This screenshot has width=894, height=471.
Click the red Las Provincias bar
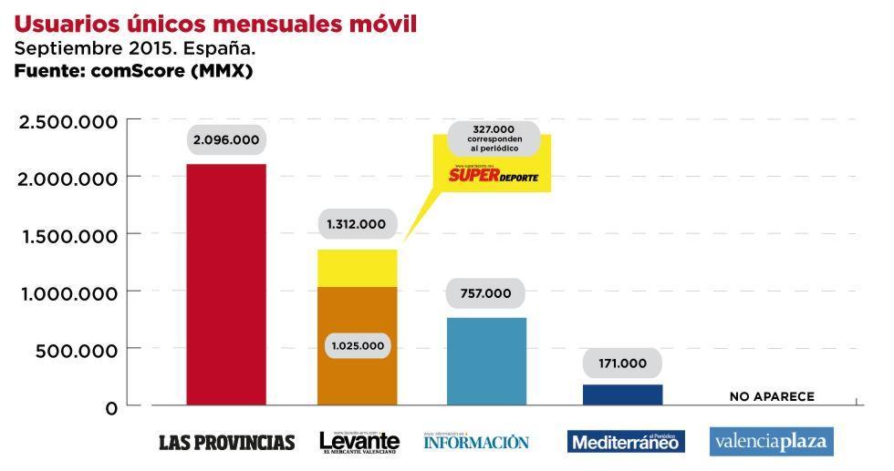pos(226,284)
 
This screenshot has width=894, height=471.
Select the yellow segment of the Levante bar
pos(357,268)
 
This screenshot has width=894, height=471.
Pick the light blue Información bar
pos(487,361)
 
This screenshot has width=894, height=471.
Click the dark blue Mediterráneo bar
pos(623,394)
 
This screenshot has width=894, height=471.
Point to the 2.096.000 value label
pos(225,140)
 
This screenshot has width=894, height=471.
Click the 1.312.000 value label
pos(357,223)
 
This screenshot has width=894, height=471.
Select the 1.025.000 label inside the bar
pos(357,346)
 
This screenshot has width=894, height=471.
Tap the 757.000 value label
pos(486,293)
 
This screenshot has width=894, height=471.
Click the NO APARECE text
pos(772,396)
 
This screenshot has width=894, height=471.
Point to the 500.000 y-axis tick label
pos(78,351)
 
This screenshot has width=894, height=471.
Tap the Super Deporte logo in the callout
pos(500,173)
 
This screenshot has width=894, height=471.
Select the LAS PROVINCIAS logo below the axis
pos(226,443)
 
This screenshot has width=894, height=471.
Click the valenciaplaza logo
pos(772,442)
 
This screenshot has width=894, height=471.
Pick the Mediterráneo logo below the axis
pos(624,442)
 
